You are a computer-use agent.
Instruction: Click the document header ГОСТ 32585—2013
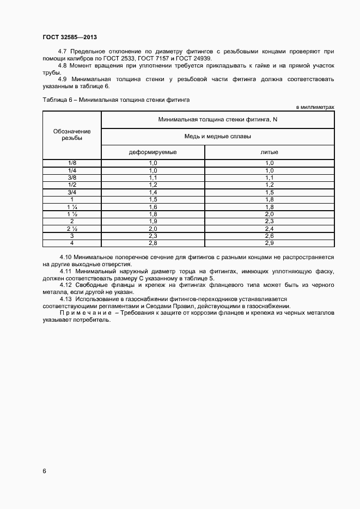[x=70, y=37]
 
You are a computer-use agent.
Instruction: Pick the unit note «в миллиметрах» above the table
[x=315, y=107]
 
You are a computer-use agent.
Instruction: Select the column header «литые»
[x=269, y=152]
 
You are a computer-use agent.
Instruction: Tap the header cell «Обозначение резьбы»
[x=72, y=135]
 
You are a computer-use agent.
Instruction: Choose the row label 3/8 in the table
[x=72, y=177]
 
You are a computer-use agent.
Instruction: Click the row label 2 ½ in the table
[x=72, y=229]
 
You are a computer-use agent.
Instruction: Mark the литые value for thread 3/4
[x=269, y=192]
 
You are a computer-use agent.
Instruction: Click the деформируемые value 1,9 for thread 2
[x=152, y=222]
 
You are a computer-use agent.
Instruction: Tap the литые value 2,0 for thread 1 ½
[x=269, y=214]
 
